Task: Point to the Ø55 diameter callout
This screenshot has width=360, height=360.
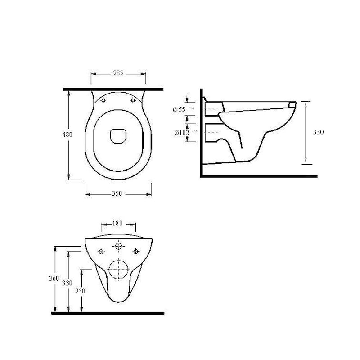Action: tap(180, 109)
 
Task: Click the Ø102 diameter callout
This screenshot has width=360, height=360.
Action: tap(182, 132)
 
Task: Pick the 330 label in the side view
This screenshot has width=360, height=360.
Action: tap(318, 132)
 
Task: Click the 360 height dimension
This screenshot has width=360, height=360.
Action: tap(54, 279)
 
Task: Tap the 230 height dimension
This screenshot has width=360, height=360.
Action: tap(80, 291)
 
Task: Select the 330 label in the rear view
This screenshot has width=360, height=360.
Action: tap(67, 283)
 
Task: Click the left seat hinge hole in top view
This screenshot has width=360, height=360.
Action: tap(104, 101)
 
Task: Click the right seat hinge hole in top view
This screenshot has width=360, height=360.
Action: tap(133, 101)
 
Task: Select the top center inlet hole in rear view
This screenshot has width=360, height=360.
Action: tap(119, 246)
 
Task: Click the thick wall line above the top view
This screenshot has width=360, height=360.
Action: tap(112, 90)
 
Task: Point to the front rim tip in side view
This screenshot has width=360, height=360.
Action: tap(293, 104)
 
